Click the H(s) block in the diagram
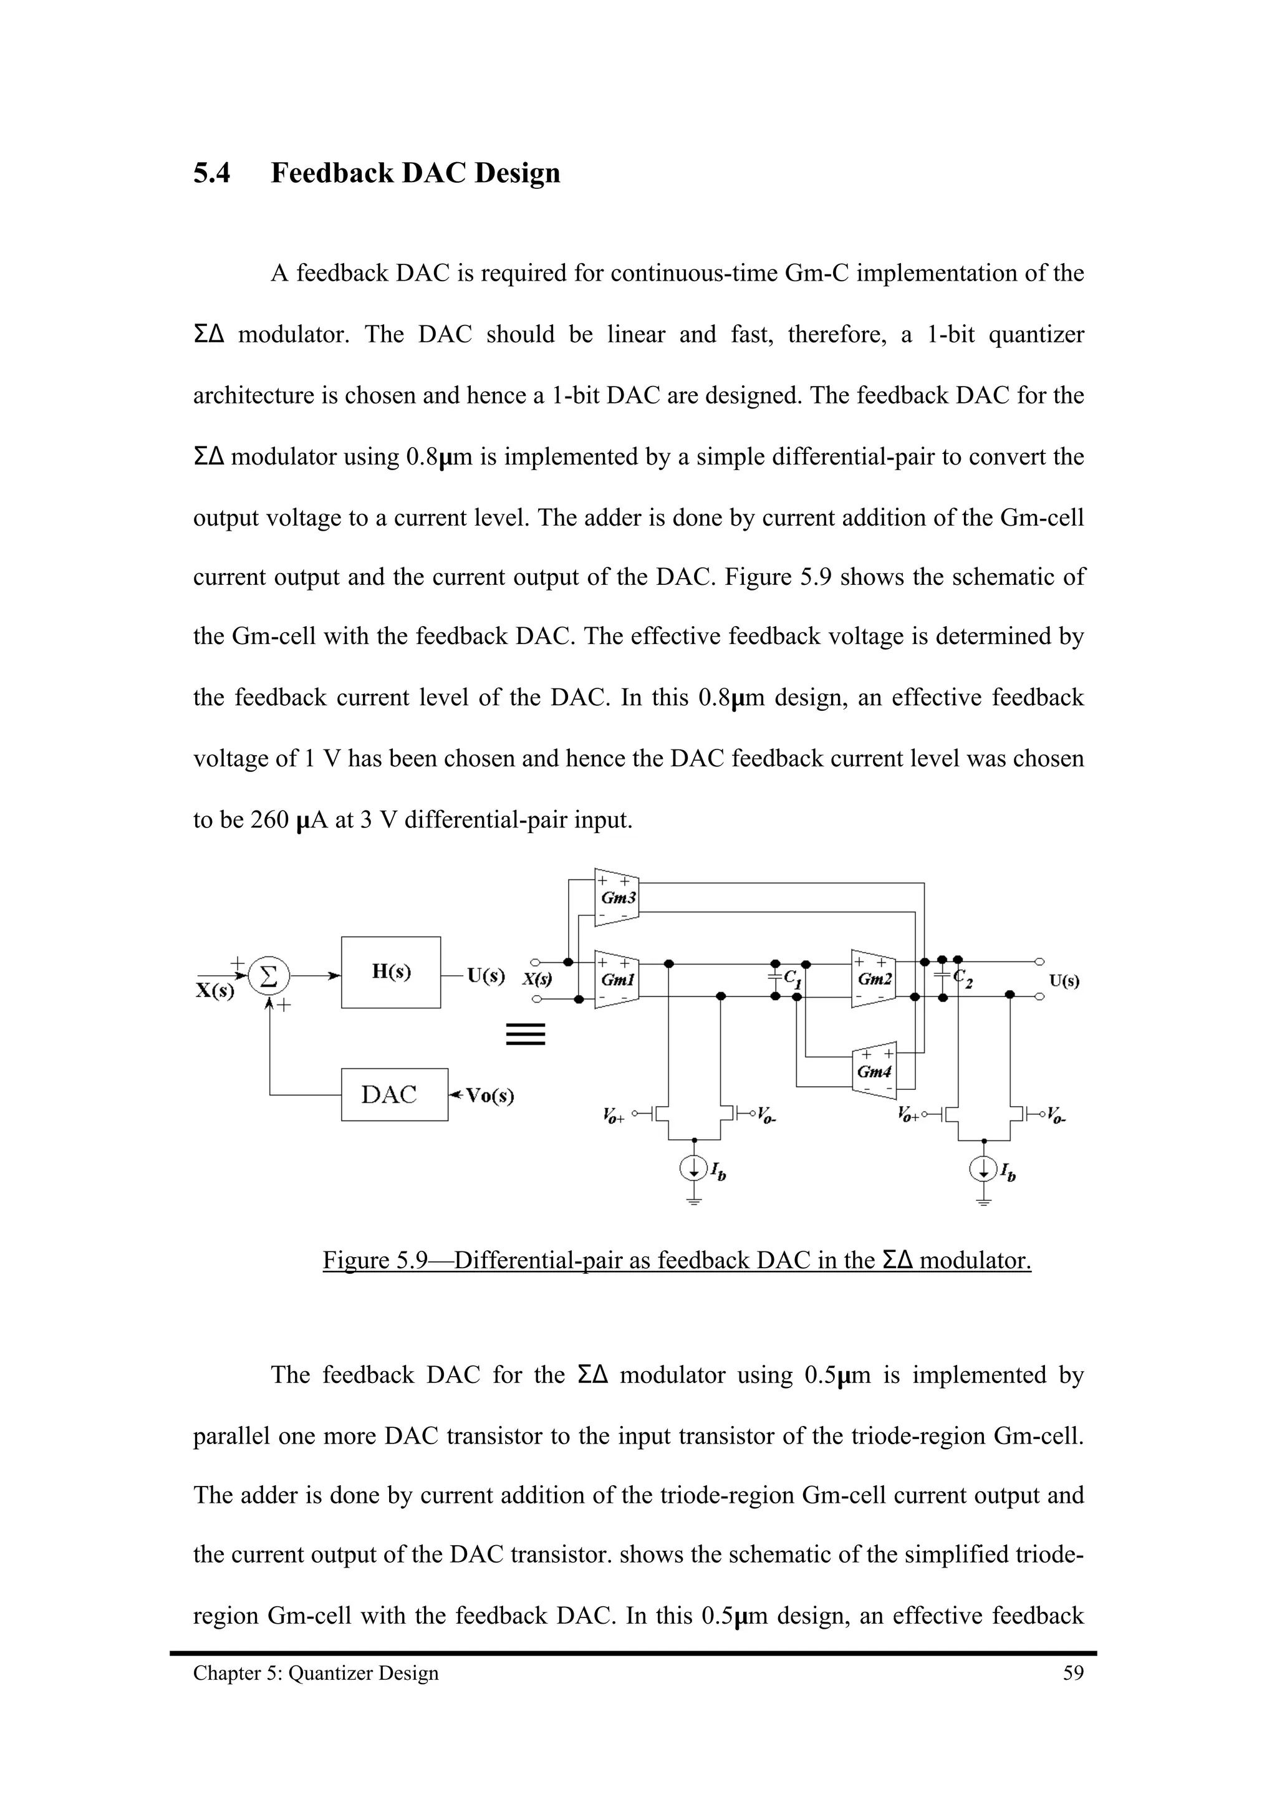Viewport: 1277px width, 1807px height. (x=390, y=972)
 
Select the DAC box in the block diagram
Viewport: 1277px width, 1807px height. (x=394, y=1094)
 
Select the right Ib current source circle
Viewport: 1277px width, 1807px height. (x=983, y=1170)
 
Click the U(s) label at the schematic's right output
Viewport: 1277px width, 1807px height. (x=1064, y=981)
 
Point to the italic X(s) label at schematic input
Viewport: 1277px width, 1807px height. (x=537, y=980)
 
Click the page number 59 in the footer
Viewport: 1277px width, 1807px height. (x=1073, y=1673)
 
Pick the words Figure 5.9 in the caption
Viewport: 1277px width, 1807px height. (x=375, y=1261)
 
